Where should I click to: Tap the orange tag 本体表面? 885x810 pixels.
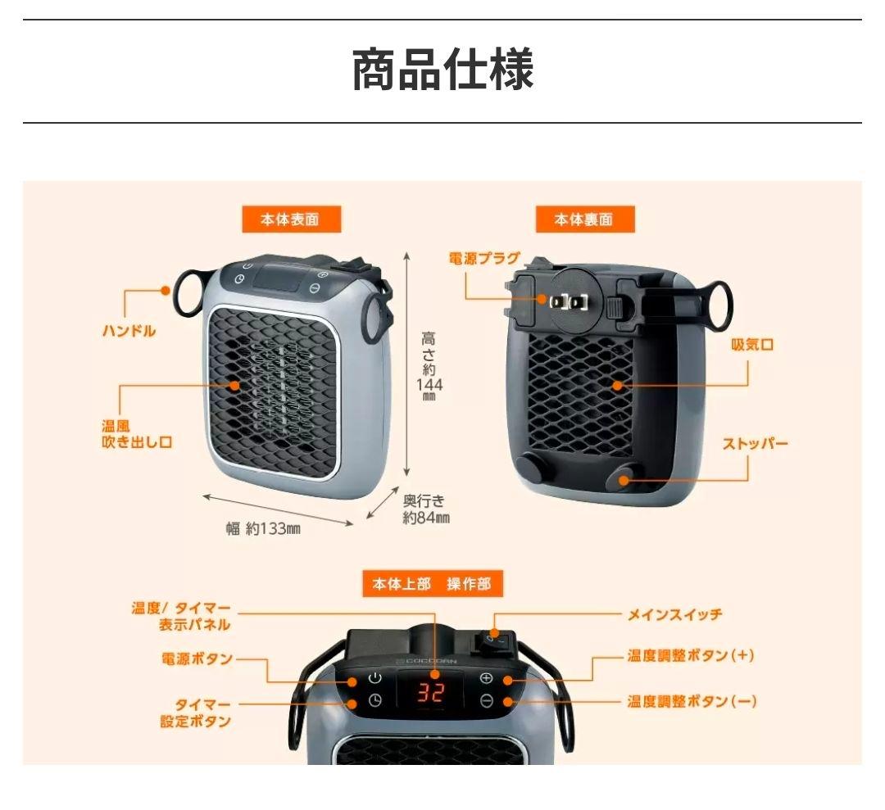pos(290,219)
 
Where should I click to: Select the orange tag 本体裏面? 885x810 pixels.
pos(584,219)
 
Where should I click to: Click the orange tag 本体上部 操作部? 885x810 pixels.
pos(432,584)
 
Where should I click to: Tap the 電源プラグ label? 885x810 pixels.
pos(484,259)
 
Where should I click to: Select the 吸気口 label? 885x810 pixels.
pos(752,345)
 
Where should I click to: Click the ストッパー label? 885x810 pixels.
pos(755,445)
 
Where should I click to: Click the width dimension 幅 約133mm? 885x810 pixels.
pos(263,528)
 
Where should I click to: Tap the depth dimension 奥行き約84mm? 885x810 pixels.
pos(425,509)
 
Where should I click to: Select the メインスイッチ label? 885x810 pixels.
pos(674,614)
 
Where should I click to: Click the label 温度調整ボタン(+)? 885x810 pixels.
pos(691,657)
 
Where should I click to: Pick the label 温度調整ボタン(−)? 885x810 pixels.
pos(692,702)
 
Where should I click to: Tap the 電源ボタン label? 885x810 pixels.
pos(197,659)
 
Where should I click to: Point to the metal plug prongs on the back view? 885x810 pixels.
pos(571,301)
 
